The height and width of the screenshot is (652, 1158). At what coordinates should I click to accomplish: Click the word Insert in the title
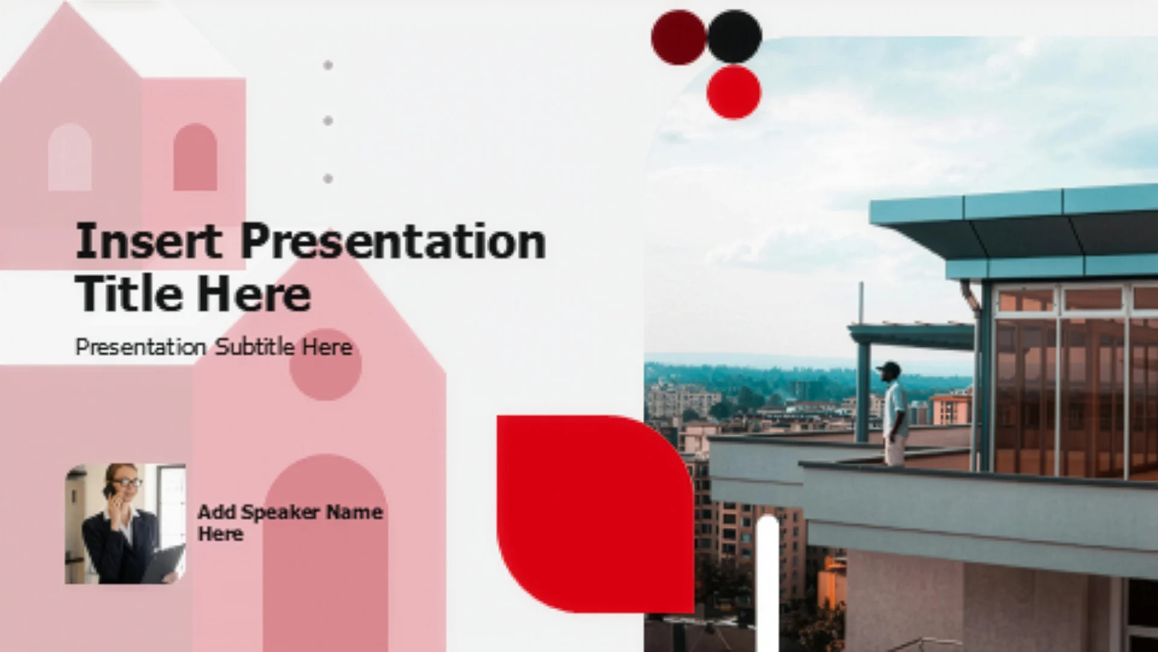148,241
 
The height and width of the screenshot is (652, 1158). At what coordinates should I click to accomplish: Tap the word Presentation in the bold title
393,241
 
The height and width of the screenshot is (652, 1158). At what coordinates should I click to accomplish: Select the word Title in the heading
129,293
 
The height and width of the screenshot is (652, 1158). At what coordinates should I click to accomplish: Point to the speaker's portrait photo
125,523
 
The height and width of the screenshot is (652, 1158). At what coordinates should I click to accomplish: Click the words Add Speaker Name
290,513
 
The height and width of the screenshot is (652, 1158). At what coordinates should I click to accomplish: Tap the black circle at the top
735,36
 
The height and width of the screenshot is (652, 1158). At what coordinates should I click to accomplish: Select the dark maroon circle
679,37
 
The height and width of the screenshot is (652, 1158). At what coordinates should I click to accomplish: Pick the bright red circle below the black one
734,92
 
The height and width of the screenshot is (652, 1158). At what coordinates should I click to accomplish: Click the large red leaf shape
595,514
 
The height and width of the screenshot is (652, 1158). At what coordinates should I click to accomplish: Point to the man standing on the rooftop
894,414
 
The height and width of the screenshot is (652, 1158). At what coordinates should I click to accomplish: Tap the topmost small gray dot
328,65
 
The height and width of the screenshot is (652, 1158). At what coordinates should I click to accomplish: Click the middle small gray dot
328,121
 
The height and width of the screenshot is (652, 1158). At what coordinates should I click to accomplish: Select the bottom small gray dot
328,179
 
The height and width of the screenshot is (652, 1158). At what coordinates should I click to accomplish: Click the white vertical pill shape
768,583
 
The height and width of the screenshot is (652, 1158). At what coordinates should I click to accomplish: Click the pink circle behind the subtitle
326,365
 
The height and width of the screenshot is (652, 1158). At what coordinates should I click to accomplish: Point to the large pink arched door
326,553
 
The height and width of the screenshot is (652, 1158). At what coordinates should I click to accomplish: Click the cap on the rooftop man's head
889,366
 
